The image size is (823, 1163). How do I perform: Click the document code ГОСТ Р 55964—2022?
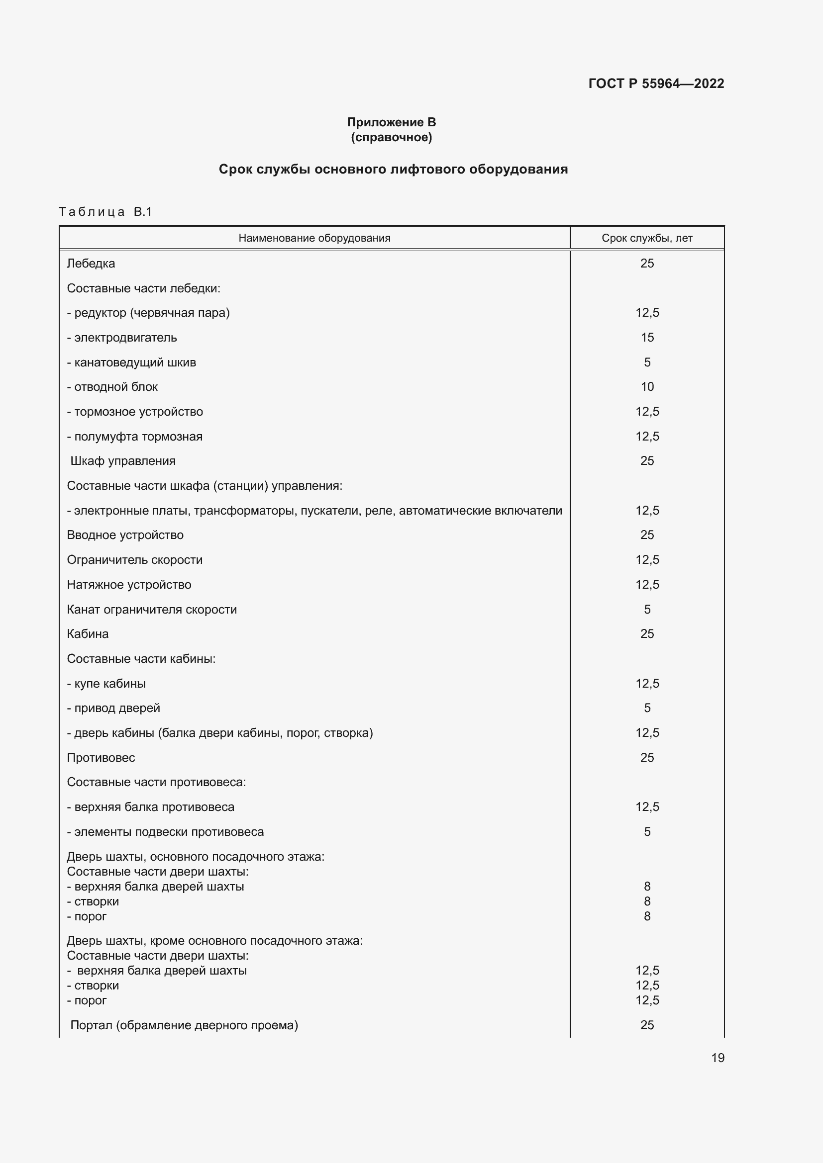pos(656,84)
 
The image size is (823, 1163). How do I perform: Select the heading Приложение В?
pos(391,122)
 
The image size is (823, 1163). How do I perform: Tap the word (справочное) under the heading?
pos(391,137)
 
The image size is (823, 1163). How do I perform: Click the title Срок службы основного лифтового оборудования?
pos(393,169)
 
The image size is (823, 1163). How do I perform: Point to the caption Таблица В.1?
pos(105,212)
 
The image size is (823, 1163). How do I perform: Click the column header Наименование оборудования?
pos(314,238)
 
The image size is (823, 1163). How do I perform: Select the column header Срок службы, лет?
pos(647,238)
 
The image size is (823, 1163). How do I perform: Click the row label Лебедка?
pos(91,264)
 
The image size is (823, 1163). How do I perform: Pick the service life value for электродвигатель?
pos(647,337)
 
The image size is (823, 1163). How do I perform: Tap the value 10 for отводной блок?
pos(647,387)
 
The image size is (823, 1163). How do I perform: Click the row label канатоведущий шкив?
pos(134,362)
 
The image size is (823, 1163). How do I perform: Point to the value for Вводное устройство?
pos(647,535)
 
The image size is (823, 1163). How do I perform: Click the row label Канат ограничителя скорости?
pos(152,610)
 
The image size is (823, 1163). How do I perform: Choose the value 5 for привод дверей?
pos(647,708)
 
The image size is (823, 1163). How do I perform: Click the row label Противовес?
pos(101,758)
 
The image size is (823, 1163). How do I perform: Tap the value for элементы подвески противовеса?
pos(647,832)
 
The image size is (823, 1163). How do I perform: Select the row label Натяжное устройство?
pos(129,585)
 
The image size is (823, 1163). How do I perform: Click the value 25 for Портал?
pos(647,1025)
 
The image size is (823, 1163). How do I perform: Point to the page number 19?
pos(718,1058)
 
